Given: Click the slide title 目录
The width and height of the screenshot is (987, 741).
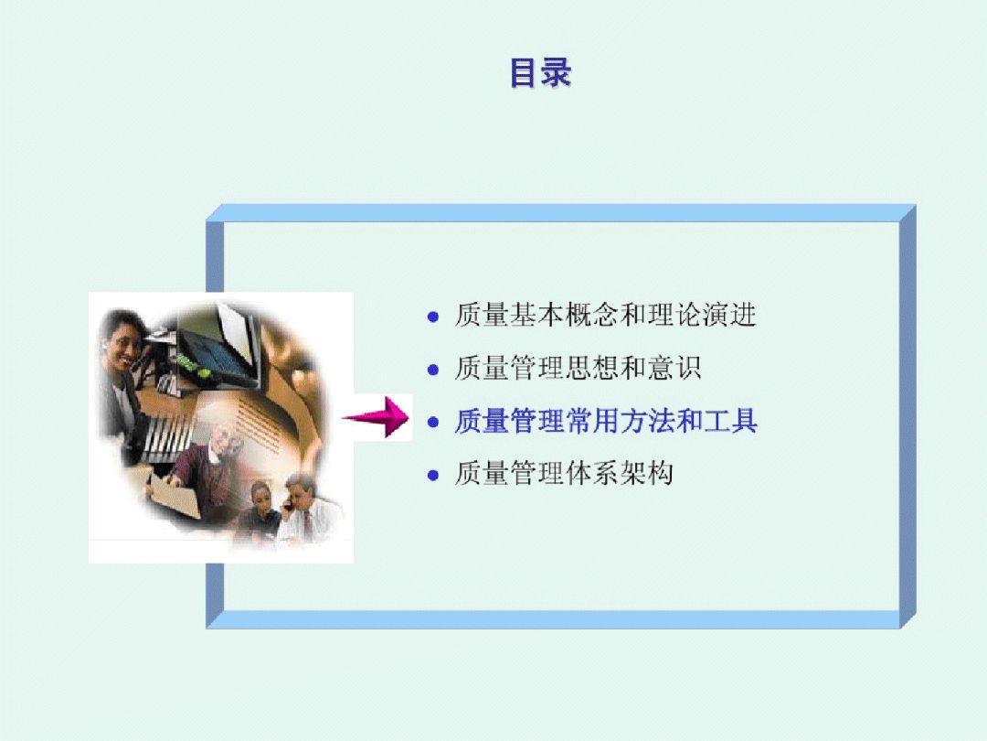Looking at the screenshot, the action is pyautogui.click(x=541, y=72).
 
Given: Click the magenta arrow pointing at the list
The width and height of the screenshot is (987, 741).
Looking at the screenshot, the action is pyautogui.click(x=376, y=417).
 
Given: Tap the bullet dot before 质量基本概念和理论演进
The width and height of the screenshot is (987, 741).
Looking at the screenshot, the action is pyautogui.click(x=432, y=317).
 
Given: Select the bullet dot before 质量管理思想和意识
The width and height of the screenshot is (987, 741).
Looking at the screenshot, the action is pyautogui.click(x=432, y=370).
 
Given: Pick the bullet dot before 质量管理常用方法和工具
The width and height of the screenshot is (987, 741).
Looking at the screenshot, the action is pyautogui.click(x=432, y=422).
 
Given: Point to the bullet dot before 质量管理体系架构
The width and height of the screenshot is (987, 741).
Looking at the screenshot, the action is pyautogui.click(x=432, y=475).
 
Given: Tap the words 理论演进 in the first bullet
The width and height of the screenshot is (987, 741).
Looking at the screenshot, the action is pyautogui.click(x=702, y=315).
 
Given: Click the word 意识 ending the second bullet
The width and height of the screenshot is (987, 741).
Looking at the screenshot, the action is pyautogui.click(x=674, y=368).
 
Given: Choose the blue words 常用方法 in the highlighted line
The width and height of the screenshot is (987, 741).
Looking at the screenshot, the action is pyautogui.click(x=620, y=421).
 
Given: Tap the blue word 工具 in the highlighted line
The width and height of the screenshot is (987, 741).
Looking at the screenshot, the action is pyautogui.click(x=729, y=421).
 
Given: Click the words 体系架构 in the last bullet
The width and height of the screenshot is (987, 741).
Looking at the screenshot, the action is pyautogui.click(x=620, y=473).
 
